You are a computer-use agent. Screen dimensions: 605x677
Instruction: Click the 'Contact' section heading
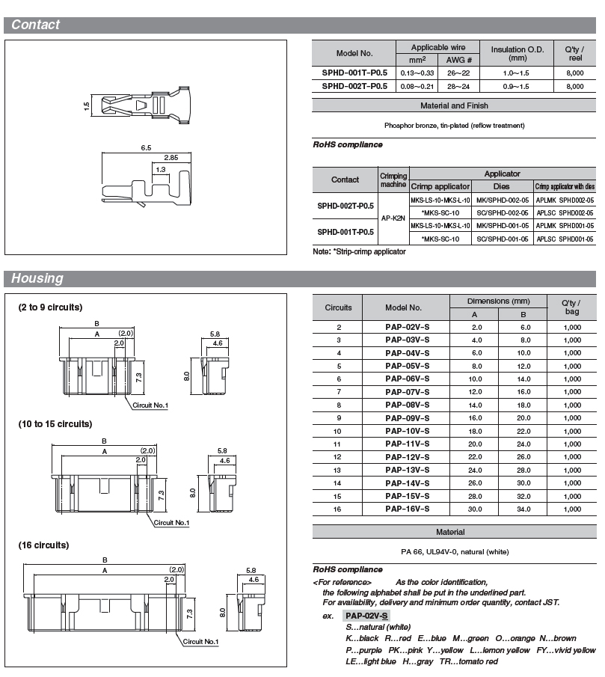[35, 25]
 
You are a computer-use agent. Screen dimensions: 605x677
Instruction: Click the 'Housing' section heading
[37, 278]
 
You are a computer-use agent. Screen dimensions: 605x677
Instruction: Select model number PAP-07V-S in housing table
[407, 392]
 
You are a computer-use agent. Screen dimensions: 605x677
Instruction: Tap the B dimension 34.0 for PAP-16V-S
[523, 509]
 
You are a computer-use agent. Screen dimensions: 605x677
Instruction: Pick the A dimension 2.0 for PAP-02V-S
[476, 327]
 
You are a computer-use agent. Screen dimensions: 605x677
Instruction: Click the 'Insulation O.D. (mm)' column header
[517, 54]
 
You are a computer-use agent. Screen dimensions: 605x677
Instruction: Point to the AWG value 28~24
[458, 86]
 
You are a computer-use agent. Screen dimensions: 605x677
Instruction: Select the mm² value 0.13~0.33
[417, 73]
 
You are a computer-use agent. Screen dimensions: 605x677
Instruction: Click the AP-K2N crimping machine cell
[393, 218]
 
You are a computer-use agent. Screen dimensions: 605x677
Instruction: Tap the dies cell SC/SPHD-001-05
[503, 239]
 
